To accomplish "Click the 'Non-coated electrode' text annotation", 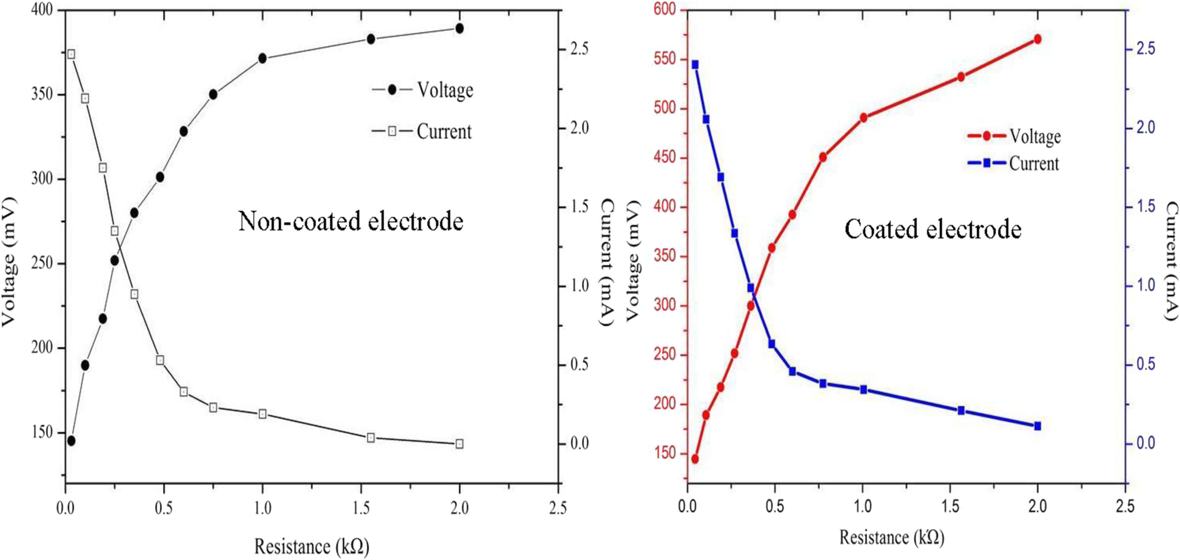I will pyautogui.click(x=350, y=221).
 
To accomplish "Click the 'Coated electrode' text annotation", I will pyautogui.click(x=933, y=229).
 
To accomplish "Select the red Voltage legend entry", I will pyautogui.click(x=1014, y=137).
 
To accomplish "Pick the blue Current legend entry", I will pyautogui.click(x=1014, y=163).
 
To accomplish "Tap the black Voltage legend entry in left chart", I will pyautogui.click(x=423, y=90).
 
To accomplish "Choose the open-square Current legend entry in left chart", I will pyautogui.click(x=422, y=131).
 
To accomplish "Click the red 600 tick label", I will pyautogui.click(x=666, y=10).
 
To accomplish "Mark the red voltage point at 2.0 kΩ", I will pyautogui.click(x=1038, y=39).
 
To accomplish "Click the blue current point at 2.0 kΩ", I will pyautogui.click(x=1038, y=426).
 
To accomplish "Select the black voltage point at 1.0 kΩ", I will pyautogui.click(x=263, y=58).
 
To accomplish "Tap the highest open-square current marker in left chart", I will pyautogui.click(x=71, y=54).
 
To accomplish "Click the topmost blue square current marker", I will pyautogui.click(x=695, y=64).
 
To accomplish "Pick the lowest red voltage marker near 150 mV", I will pyautogui.click(x=695, y=459).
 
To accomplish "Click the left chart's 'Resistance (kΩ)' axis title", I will pyautogui.click(x=311, y=545).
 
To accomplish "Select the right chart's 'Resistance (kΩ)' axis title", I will pyautogui.click(x=891, y=537).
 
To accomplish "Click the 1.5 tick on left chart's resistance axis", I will pyautogui.click(x=361, y=508).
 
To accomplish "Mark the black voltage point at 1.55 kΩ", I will pyautogui.click(x=371, y=39).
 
